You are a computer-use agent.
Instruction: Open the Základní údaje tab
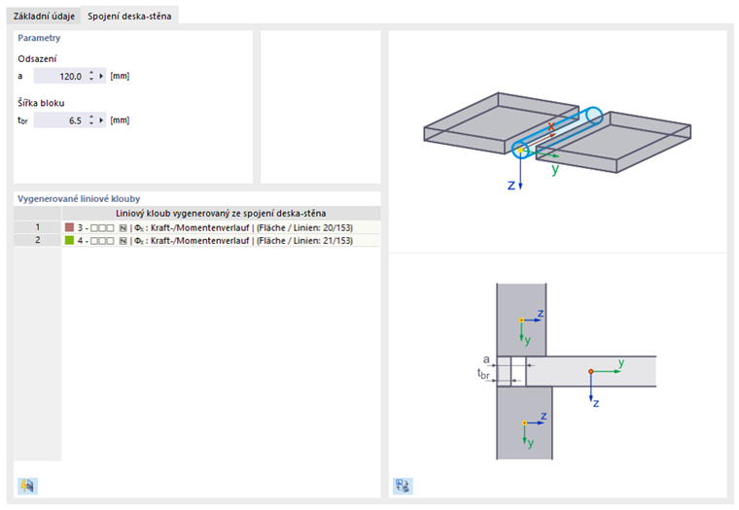pyautogui.click(x=44, y=16)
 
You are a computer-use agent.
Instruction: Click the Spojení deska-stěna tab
pyautogui.click(x=129, y=16)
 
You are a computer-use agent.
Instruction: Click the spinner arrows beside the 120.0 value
pyautogui.click(x=91, y=77)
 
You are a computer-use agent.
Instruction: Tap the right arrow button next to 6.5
pyautogui.click(x=101, y=120)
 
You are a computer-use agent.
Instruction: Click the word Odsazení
pyautogui.click(x=37, y=59)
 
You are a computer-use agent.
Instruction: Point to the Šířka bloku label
pyautogui.click(x=41, y=103)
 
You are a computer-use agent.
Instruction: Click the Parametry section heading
pyautogui.click(x=39, y=38)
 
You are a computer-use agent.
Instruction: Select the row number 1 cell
pyautogui.click(x=38, y=227)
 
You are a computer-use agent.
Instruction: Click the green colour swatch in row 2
pyautogui.click(x=69, y=241)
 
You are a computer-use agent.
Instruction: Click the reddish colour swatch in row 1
pyautogui.click(x=69, y=227)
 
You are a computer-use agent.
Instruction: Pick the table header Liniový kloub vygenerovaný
pyautogui.click(x=221, y=214)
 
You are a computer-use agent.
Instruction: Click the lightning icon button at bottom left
pyautogui.click(x=27, y=486)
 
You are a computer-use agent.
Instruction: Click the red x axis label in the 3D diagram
pyautogui.click(x=551, y=125)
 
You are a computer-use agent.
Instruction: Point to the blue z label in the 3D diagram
pyautogui.click(x=511, y=186)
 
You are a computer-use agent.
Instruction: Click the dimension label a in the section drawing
pyautogui.click(x=486, y=359)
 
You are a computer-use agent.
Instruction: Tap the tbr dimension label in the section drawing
pyautogui.click(x=483, y=374)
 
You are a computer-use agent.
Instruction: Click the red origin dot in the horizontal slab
pyautogui.click(x=591, y=371)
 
